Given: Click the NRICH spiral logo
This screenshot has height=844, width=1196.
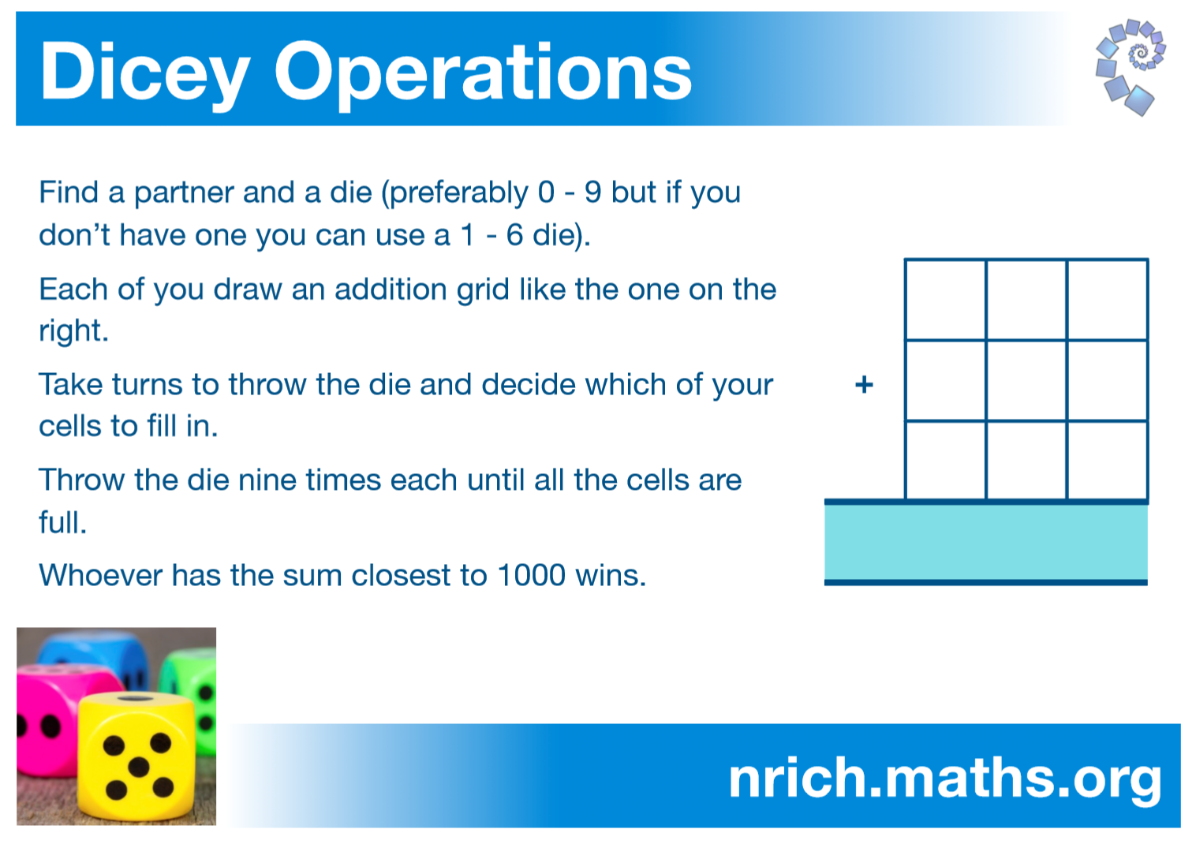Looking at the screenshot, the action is tap(1131, 67).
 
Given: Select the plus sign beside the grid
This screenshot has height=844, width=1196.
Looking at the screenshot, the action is tap(864, 384).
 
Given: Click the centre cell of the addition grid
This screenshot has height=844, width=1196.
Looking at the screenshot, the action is tap(1026, 380).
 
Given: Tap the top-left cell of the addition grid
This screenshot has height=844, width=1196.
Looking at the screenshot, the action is tap(945, 299).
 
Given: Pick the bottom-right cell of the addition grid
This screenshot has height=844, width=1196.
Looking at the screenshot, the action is tap(1108, 460).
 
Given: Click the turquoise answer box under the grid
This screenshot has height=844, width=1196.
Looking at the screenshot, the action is tap(985, 542).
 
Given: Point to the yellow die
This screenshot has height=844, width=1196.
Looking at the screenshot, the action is tap(138, 758).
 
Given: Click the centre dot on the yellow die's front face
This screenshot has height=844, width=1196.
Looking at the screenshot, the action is tap(139, 767).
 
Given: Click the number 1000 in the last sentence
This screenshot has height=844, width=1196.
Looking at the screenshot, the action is tap(531, 576).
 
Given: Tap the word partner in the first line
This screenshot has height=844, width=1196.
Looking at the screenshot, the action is tap(183, 193).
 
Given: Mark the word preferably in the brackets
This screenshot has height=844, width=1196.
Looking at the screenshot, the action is tap(459, 193).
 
